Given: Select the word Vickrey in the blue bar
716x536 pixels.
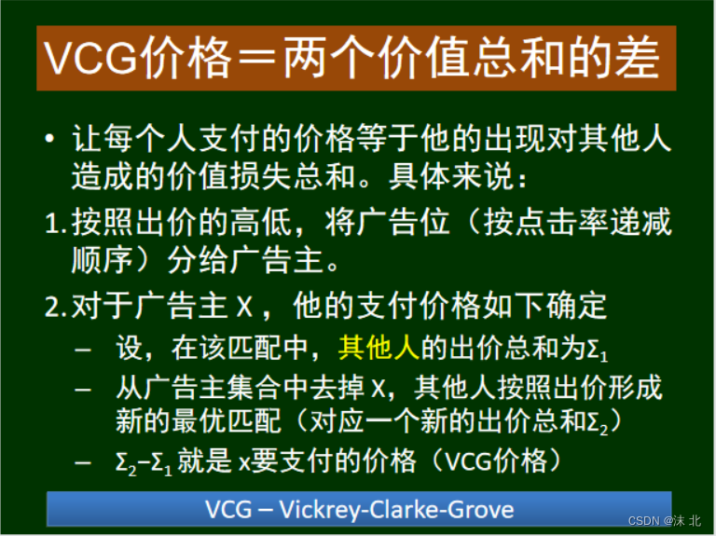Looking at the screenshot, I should (323, 509).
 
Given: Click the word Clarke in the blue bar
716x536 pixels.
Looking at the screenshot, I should (410, 509).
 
